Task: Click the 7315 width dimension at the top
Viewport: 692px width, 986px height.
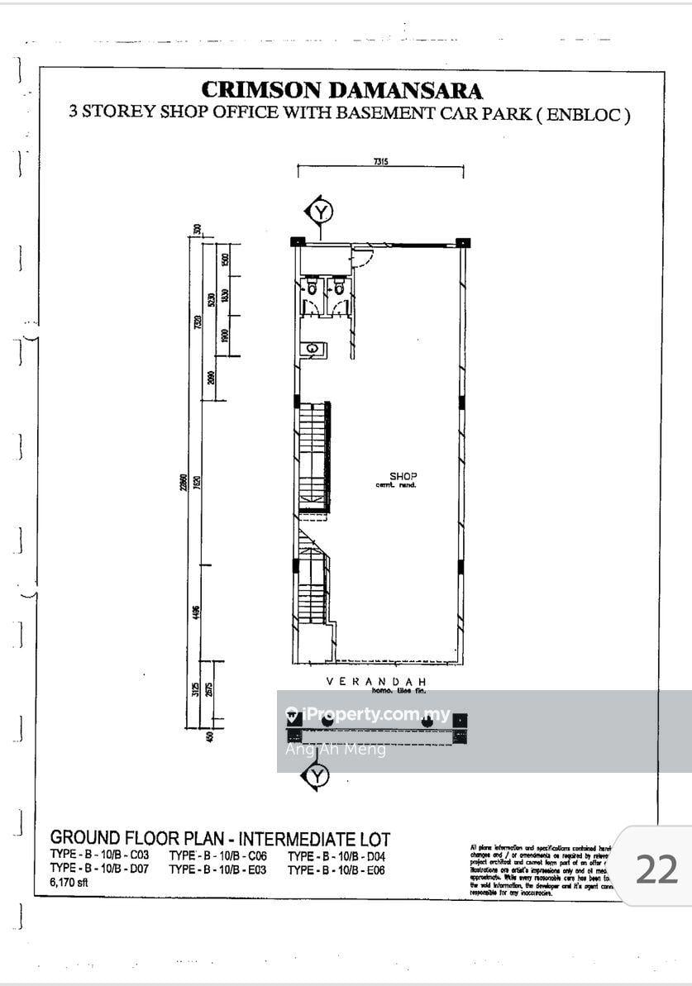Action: (x=381, y=163)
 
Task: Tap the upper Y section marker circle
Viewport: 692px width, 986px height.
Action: (x=320, y=212)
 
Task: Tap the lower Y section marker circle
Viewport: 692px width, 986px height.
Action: (x=317, y=776)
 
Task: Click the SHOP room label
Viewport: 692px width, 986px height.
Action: (x=403, y=476)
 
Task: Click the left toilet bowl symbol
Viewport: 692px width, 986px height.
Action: (x=313, y=287)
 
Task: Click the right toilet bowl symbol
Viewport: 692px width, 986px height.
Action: (x=338, y=287)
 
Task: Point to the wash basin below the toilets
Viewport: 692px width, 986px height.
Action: (x=313, y=349)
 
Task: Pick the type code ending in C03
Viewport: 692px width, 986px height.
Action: (x=99, y=855)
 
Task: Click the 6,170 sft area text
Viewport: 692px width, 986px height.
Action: (x=69, y=883)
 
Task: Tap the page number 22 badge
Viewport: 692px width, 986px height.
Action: (x=656, y=869)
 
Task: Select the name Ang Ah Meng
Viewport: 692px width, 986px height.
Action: (x=335, y=750)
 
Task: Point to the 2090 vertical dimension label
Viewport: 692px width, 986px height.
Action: (x=212, y=379)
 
